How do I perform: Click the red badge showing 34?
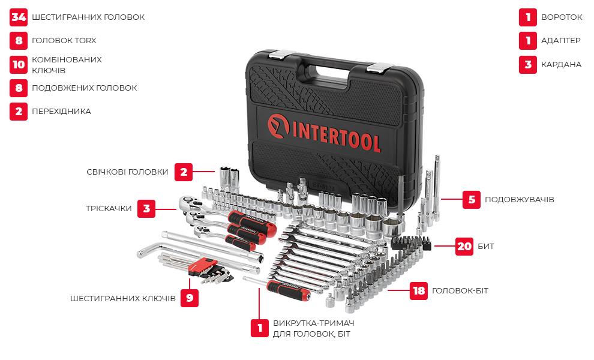click(x=19, y=17)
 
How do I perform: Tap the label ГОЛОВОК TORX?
click(x=64, y=41)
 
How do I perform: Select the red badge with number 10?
click(x=19, y=64)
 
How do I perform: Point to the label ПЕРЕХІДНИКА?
click(x=61, y=112)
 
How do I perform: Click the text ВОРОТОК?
click(x=562, y=17)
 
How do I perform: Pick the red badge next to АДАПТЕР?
click(x=528, y=41)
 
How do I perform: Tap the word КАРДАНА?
click(x=561, y=64)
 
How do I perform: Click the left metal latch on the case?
click(x=279, y=55)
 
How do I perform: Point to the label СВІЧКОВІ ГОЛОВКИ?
click(x=127, y=172)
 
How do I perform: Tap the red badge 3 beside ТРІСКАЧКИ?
click(x=146, y=208)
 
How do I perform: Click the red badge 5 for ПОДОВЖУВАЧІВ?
click(x=471, y=199)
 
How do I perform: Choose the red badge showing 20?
click(x=464, y=247)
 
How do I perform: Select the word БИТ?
click(x=485, y=247)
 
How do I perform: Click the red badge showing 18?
click(x=419, y=290)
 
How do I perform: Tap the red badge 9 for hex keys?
click(x=190, y=298)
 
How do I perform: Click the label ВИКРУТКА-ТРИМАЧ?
click(x=314, y=323)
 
